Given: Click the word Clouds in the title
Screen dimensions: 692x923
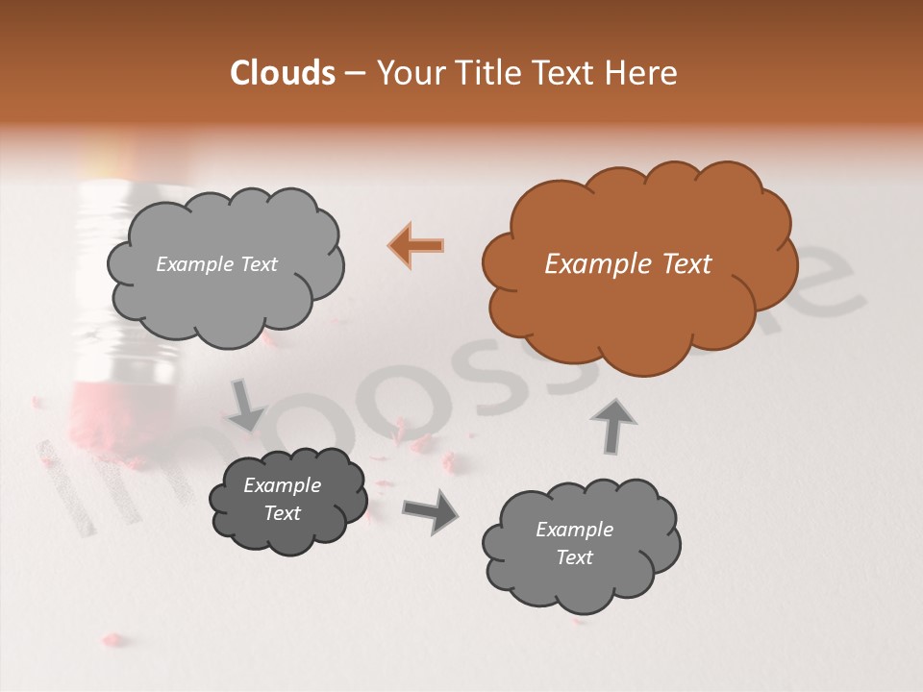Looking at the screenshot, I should (283, 73).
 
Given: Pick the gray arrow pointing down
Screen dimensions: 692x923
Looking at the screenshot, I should (246, 405).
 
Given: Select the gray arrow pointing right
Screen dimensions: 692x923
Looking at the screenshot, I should (430, 511).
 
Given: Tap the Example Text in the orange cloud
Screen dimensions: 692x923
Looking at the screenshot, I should (628, 264).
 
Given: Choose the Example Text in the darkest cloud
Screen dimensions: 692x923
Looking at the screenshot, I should (282, 499).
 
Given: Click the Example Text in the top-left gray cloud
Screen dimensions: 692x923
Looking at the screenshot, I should (216, 264).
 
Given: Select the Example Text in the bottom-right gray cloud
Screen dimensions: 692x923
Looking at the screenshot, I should (574, 543).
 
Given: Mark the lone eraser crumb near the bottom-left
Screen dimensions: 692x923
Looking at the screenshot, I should (113, 638).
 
